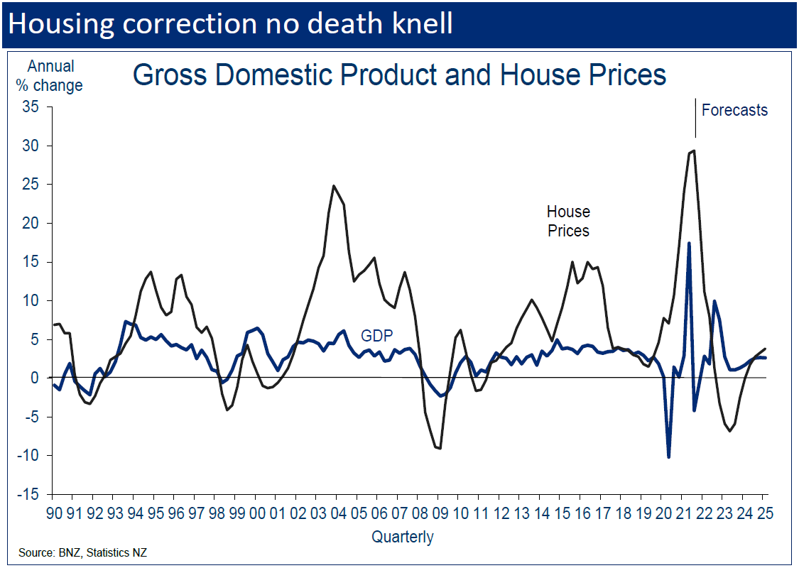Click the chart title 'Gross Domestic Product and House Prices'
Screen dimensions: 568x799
(x=399, y=75)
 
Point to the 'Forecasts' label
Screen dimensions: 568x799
(x=734, y=110)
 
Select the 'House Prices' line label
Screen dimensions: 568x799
(x=568, y=221)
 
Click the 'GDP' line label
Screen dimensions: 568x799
(x=376, y=336)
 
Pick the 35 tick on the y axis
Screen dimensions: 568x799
(x=33, y=107)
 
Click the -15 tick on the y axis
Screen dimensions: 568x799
(x=31, y=494)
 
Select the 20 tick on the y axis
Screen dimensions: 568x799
(x=33, y=223)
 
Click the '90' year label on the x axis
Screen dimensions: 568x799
(x=54, y=513)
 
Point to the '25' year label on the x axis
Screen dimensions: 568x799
(x=763, y=513)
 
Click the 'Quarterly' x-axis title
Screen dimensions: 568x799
(x=403, y=537)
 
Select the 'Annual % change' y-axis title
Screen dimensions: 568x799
(x=55, y=76)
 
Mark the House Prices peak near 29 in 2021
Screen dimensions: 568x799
(x=693, y=151)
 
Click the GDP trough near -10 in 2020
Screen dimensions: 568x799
(x=668, y=457)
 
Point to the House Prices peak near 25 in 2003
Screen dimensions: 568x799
(x=333, y=186)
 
